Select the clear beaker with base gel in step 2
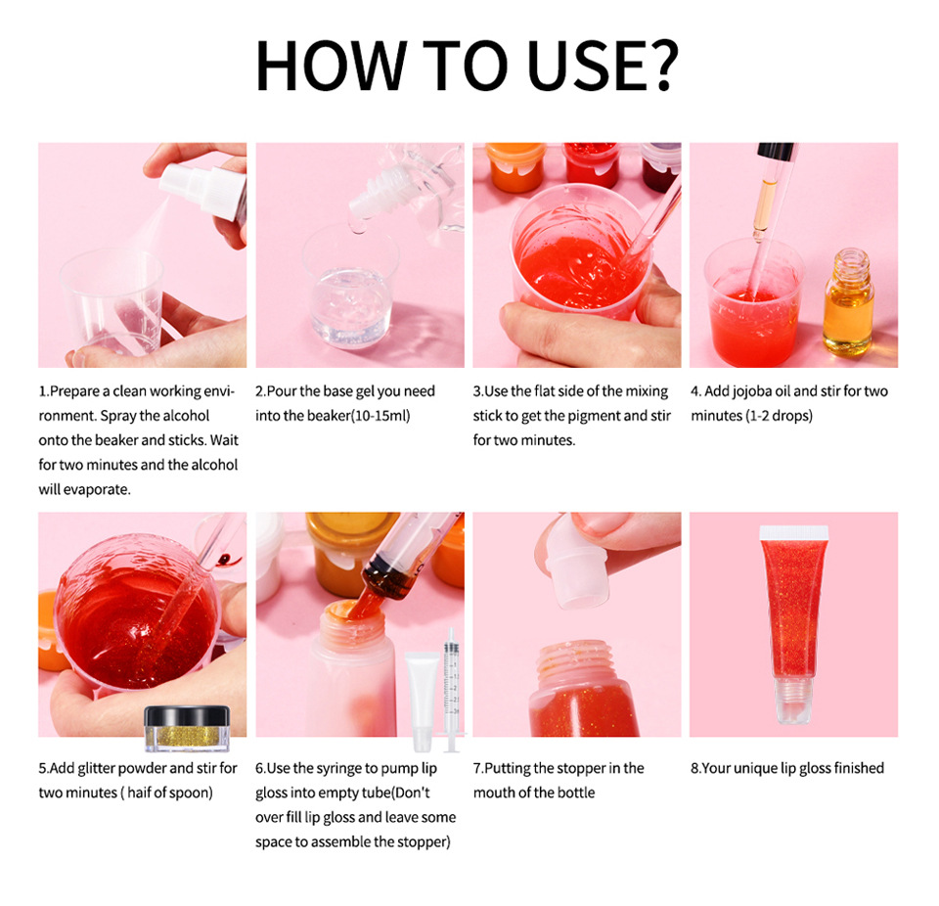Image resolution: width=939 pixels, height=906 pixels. (x=349, y=289)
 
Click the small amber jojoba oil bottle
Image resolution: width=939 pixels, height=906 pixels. (x=847, y=303)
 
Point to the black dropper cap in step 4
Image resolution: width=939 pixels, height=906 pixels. (x=776, y=153)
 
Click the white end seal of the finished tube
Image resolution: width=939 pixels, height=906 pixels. (x=793, y=532)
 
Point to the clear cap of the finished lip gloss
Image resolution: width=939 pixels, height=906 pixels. (x=793, y=700)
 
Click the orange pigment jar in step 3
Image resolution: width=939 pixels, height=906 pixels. (x=515, y=164)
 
